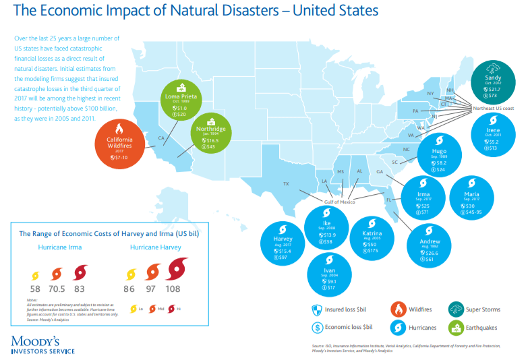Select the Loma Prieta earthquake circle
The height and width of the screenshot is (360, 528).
coord(180,102)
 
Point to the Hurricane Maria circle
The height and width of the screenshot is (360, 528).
coord(471,197)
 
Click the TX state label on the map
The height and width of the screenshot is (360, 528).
coord(286,184)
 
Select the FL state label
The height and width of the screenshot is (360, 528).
coord(388,200)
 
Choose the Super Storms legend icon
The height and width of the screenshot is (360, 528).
coord(455,309)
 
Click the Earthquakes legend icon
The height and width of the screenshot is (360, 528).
coord(455,328)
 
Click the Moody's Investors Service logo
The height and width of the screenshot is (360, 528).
coord(42,344)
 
